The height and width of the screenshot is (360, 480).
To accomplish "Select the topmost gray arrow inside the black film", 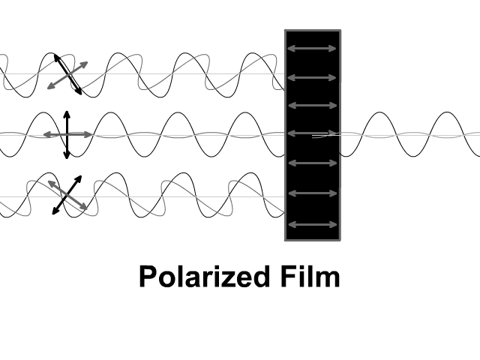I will [x=312, y=49].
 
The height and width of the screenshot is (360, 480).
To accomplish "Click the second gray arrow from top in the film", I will [x=312, y=76].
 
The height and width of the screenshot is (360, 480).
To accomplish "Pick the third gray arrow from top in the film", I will [x=312, y=105].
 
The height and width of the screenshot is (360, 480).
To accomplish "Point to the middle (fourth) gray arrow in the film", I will [x=312, y=133].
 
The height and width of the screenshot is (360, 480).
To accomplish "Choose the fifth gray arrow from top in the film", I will [x=312, y=163].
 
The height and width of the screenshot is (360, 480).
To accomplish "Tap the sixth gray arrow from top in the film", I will [x=312, y=193].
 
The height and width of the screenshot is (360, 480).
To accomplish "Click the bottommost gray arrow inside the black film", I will [x=312, y=225].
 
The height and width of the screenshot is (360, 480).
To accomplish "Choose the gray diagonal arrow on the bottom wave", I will [x=59, y=189].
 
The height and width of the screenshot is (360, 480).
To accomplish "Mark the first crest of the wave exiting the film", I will [x=380, y=113].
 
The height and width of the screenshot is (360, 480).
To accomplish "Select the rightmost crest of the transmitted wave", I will [x=446, y=113].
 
